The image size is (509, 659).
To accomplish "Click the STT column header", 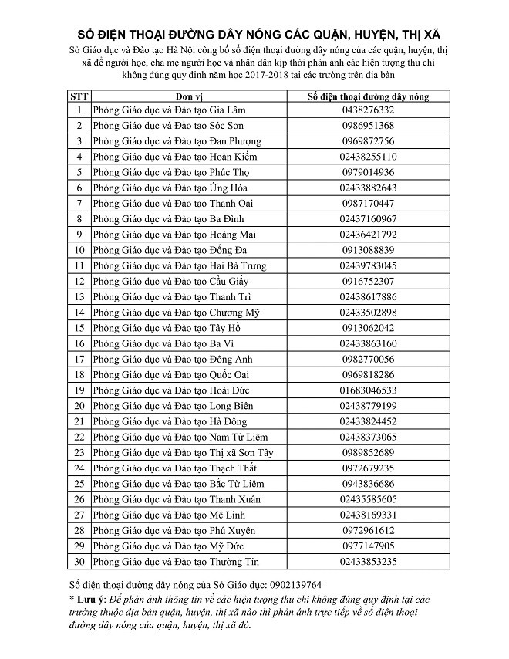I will (79, 96).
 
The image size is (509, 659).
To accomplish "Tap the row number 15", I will (79, 328).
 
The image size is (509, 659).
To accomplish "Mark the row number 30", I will (79, 562).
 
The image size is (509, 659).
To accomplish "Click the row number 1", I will (79, 110).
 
